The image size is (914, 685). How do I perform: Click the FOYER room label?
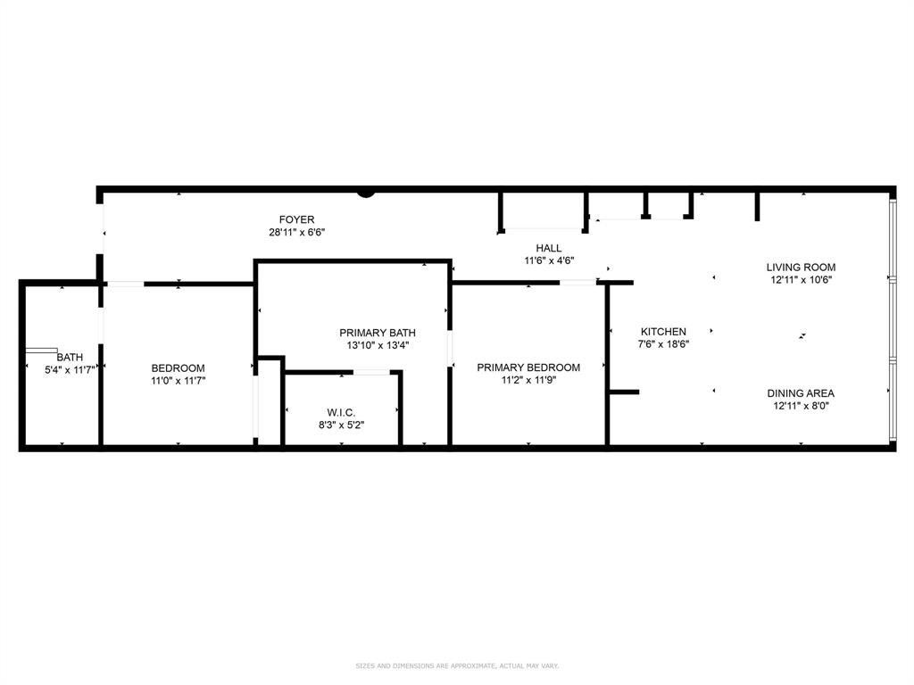[296, 219]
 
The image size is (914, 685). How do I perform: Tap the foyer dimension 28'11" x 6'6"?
[296, 233]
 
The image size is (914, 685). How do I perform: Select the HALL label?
[549, 248]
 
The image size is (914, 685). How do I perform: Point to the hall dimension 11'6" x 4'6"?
[549, 261]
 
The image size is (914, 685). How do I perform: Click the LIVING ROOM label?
[801, 267]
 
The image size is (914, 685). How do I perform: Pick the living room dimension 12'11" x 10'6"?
[801, 280]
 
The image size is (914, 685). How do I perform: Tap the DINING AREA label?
[801, 393]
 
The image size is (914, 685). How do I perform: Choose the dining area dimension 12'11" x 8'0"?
[801, 407]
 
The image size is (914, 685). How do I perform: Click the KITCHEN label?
[663, 332]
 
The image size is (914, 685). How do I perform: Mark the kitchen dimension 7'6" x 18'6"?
[663, 344]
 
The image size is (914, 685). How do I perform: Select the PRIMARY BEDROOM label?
[528, 367]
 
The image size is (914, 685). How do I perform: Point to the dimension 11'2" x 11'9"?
[528, 381]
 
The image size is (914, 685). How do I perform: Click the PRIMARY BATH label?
[378, 333]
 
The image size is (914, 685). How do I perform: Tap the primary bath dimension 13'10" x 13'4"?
[378, 346]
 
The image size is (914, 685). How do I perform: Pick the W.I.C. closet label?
[341, 412]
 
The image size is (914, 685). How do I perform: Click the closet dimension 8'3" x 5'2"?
[341, 425]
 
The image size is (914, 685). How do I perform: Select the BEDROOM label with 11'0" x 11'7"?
[178, 368]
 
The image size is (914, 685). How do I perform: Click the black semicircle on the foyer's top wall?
[366, 192]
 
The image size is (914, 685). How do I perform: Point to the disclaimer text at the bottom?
[457, 665]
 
